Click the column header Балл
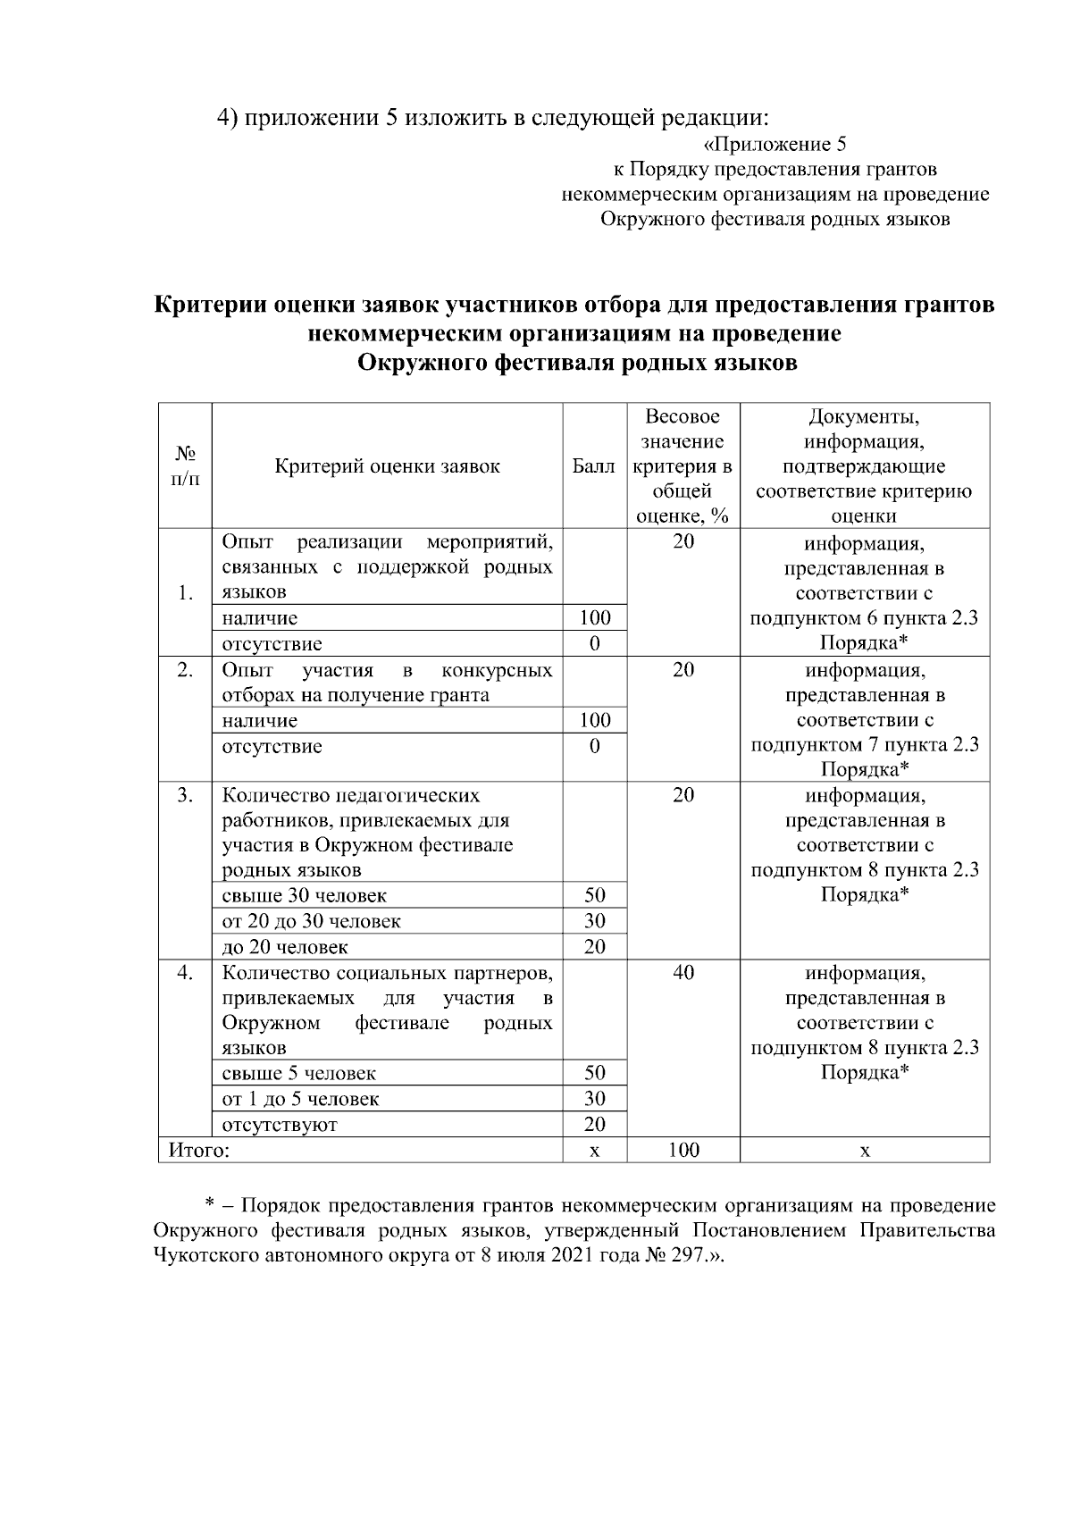pyautogui.click(x=594, y=465)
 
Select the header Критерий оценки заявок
pyautogui.click(x=387, y=465)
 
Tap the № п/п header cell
pyautogui.click(x=185, y=465)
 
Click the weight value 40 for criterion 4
pyautogui.click(x=683, y=972)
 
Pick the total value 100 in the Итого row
pyautogui.click(x=683, y=1150)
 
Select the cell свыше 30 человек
pyautogui.click(x=305, y=895)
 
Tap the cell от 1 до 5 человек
pyautogui.click(x=300, y=1099)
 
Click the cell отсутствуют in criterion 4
pyautogui.click(x=280, y=1125)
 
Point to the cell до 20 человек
pyautogui.click(x=285, y=947)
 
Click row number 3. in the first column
pyautogui.click(x=185, y=794)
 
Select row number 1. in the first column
pyautogui.click(x=185, y=592)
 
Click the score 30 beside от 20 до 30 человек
pyautogui.click(x=594, y=921)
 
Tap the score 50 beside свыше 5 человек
pyautogui.click(x=594, y=1073)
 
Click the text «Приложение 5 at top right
pyautogui.click(x=775, y=144)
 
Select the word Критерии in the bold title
pyautogui.click(x=211, y=306)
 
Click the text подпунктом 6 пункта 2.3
pyautogui.click(x=864, y=618)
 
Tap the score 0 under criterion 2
pyautogui.click(x=594, y=746)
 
